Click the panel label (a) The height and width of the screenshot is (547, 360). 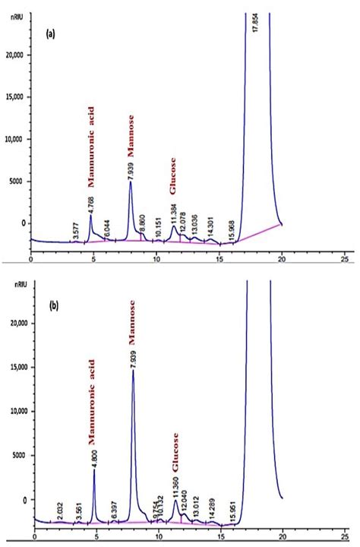click(50, 34)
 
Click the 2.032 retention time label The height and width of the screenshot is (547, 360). click(60, 508)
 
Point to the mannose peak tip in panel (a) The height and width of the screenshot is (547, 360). click(131, 182)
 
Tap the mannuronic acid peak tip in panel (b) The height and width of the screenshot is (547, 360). click(94, 470)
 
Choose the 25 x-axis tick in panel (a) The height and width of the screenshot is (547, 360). click(344, 259)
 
